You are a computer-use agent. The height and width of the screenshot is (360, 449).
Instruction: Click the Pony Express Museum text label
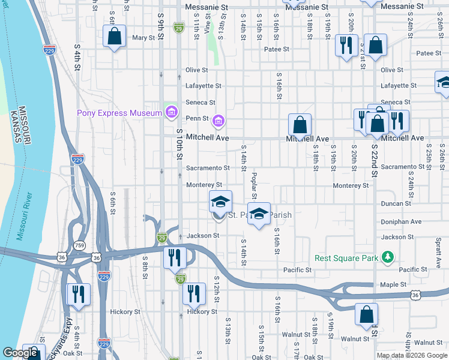[x=119, y=113]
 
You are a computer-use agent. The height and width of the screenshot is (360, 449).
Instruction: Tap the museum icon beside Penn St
[x=218, y=122]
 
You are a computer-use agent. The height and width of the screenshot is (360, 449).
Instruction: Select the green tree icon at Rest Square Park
[x=388, y=257]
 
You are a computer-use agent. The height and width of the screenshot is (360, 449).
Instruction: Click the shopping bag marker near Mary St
[x=115, y=37]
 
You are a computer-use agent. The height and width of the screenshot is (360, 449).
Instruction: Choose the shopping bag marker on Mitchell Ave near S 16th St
[x=300, y=125]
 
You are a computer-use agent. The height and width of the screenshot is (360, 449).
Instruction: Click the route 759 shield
[x=80, y=245]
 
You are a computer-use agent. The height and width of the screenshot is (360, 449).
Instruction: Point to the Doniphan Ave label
[x=401, y=221]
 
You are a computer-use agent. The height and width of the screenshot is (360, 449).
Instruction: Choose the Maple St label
[x=393, y=284]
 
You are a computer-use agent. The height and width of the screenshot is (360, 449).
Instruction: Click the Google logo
[x=20, y=353]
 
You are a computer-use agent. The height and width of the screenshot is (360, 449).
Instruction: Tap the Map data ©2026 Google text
[x=412, y=355]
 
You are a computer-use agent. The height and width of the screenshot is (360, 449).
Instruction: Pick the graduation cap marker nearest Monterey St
[x=220, y=202]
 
